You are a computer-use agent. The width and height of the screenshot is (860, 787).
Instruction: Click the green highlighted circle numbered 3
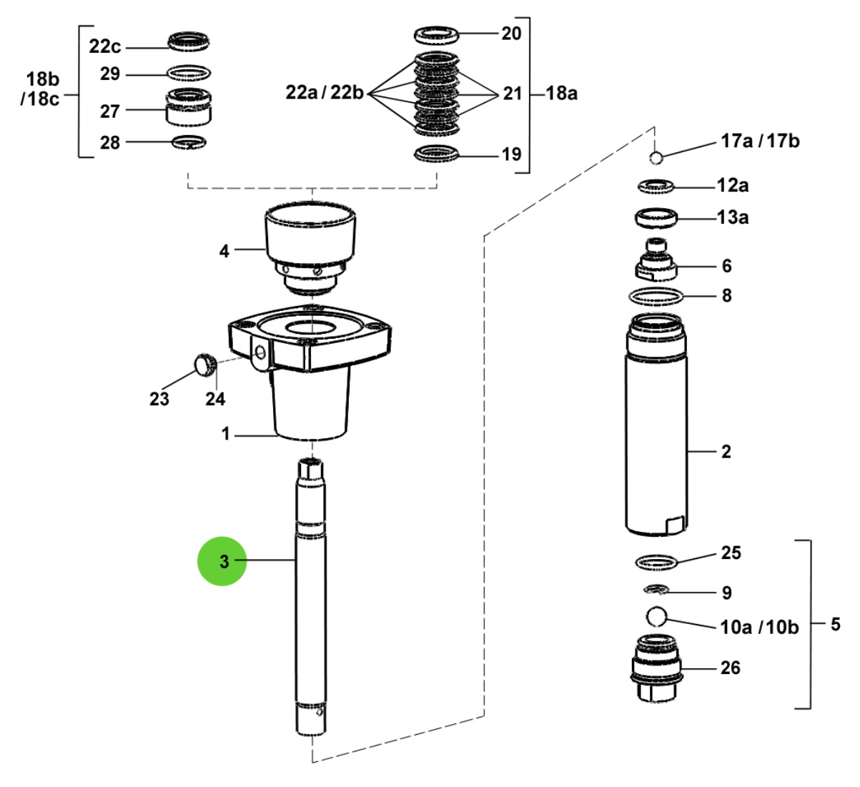pyautogui.click(x=222, y=561)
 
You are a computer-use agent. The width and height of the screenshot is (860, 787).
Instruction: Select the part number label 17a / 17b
pyautogui.click(x=759, y=141)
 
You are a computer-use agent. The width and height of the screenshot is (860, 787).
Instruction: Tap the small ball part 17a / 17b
pyautogui.click(x=657, y=157)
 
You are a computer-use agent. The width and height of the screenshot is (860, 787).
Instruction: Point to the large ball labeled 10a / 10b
pyautogui.click(x=656, y=615)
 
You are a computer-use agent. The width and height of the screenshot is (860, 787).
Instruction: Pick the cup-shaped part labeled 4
pyautogui.click(x=310, y=236)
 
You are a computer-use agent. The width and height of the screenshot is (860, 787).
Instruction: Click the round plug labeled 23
pyautogui.click(x=204, y=365)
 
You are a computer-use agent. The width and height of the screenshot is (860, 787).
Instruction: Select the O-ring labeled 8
pyautogui.click(x=656, y=295)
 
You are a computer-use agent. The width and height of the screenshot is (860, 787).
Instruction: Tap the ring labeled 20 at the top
pyautogui.click(x=436, y=34)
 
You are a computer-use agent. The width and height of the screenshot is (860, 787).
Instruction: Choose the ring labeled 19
pyautogui.click(x=436, y=154)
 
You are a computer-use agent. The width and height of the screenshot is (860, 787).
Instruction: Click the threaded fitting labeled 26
pyautogui.click(x=656, y=668)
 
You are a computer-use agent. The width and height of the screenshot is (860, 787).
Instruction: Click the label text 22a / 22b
pyautogui.click(x=325, y=93)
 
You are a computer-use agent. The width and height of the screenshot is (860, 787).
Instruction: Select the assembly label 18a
pyautogui.click(x=561, y=93)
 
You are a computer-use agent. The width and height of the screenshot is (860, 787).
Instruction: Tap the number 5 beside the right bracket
pyautogui.click(x=835, y=624)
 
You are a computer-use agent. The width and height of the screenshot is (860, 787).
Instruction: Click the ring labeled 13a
pyautogui.click(x=656, y=217)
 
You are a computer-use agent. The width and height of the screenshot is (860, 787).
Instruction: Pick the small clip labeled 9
pyautogui.click(x=655, y=590)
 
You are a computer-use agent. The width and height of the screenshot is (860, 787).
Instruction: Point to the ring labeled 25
pyautogui.click(x=656, y=562)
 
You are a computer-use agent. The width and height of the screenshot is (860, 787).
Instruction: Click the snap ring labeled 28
pyautogui.click(x=189, y=142)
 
